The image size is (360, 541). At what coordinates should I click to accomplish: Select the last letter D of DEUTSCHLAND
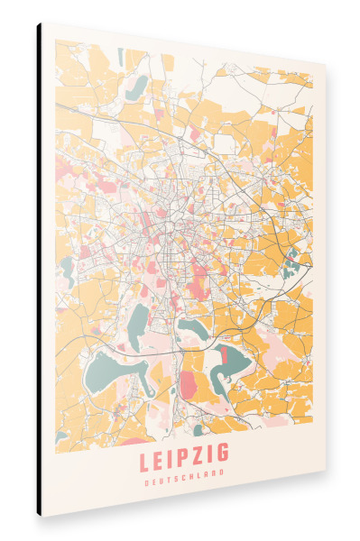pyautogui.click(x=222, y=472)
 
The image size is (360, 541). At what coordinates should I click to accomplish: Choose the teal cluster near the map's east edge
pyautogui.click(x=291, y=263)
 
